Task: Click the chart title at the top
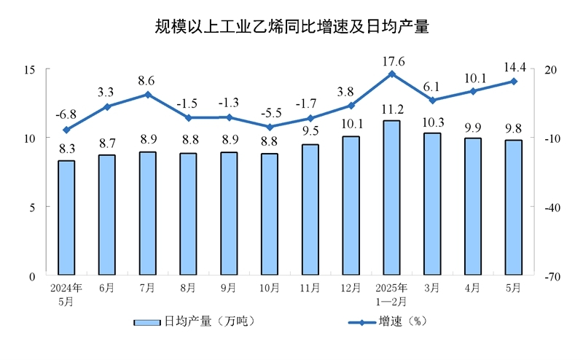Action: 291,28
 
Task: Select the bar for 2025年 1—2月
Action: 391,198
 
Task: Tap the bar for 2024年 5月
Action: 66,218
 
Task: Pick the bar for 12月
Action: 351,206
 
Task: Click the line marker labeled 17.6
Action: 391,74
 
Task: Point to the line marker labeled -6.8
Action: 66,130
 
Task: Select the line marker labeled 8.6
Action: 148,94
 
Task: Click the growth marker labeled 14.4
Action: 514,81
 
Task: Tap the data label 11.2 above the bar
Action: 391,110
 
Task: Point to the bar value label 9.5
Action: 310,132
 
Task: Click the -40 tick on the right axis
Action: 549,207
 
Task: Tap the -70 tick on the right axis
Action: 549,276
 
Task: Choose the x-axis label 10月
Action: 270,288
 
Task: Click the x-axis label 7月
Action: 148,288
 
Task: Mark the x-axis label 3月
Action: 432,288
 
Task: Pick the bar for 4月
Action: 473,207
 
